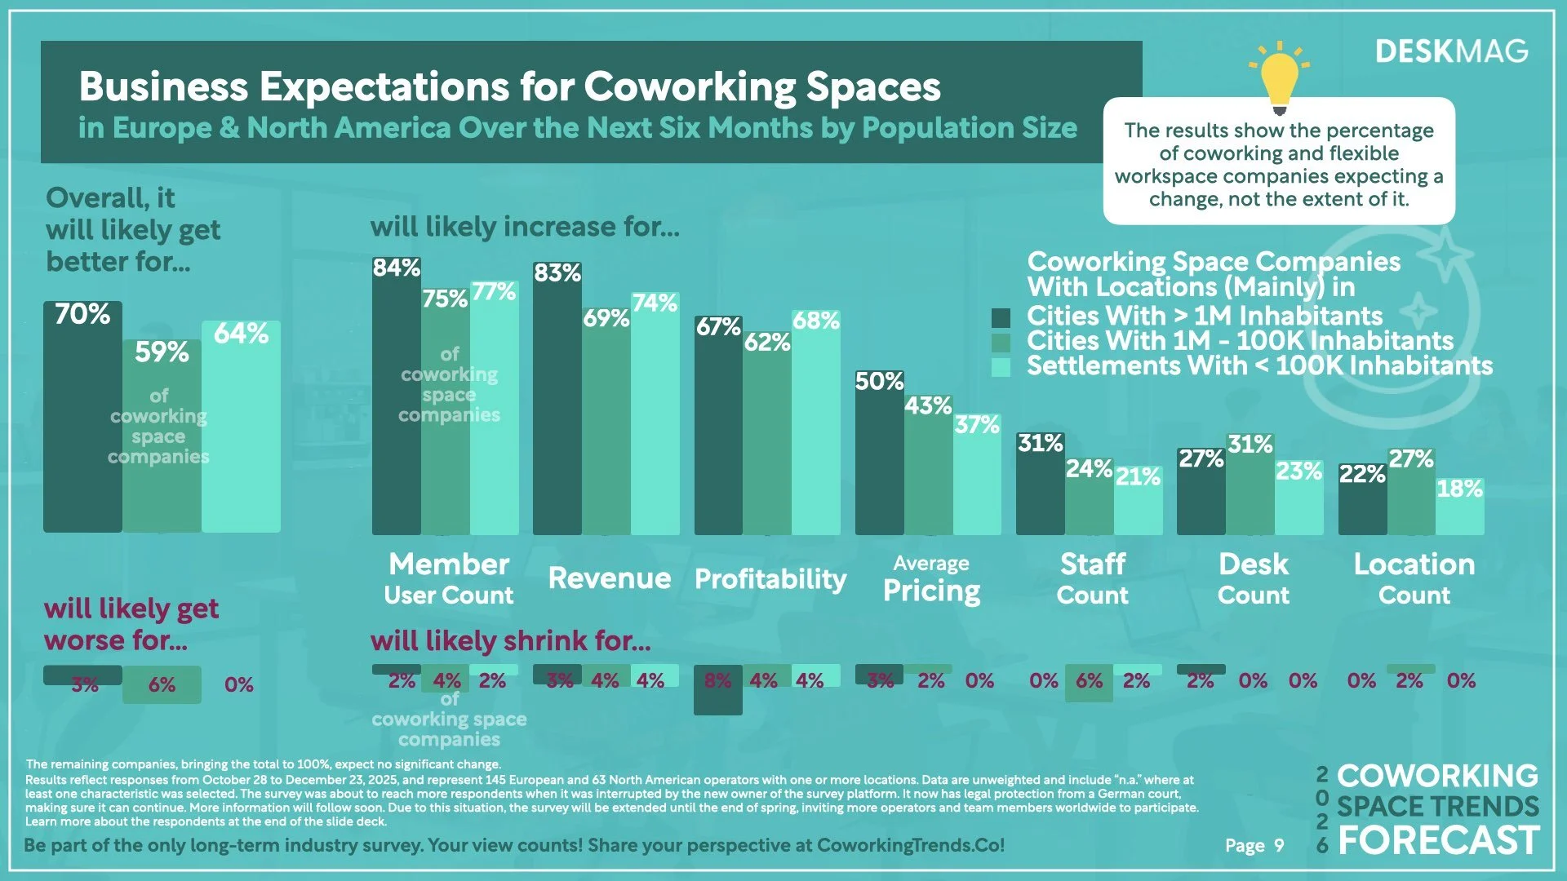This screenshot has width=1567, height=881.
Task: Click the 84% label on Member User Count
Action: [x=397, y=268]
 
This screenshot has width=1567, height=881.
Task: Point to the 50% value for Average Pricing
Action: [x=879, y=382]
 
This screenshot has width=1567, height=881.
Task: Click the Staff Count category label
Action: [x=1092, y=578]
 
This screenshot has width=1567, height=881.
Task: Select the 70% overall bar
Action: [x=82, y=424]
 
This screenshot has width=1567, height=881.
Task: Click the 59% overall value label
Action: [x=162, y=352]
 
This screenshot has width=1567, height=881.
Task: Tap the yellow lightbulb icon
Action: [x=1279, y=77]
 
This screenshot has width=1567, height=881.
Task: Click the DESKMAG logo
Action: [x=1451, y=51]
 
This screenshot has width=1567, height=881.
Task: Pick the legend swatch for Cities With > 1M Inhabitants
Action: [x=1001, y=317]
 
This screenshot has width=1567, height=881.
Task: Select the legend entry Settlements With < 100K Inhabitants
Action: [x=1259, y=366]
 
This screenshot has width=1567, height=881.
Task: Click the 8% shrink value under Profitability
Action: [x=717, y=681]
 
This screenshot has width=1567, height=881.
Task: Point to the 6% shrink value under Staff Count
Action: [x=1090, y=681]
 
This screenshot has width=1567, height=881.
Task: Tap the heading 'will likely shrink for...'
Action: [x=510, y=641]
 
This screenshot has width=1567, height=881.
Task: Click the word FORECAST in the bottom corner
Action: [x=1438, y=841]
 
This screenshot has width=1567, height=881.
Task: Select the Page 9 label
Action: [x=1254, y=846]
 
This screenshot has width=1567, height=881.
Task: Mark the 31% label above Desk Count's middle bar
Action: [x=1250, y=445]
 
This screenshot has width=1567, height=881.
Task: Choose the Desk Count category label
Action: [x=1253, y=578]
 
